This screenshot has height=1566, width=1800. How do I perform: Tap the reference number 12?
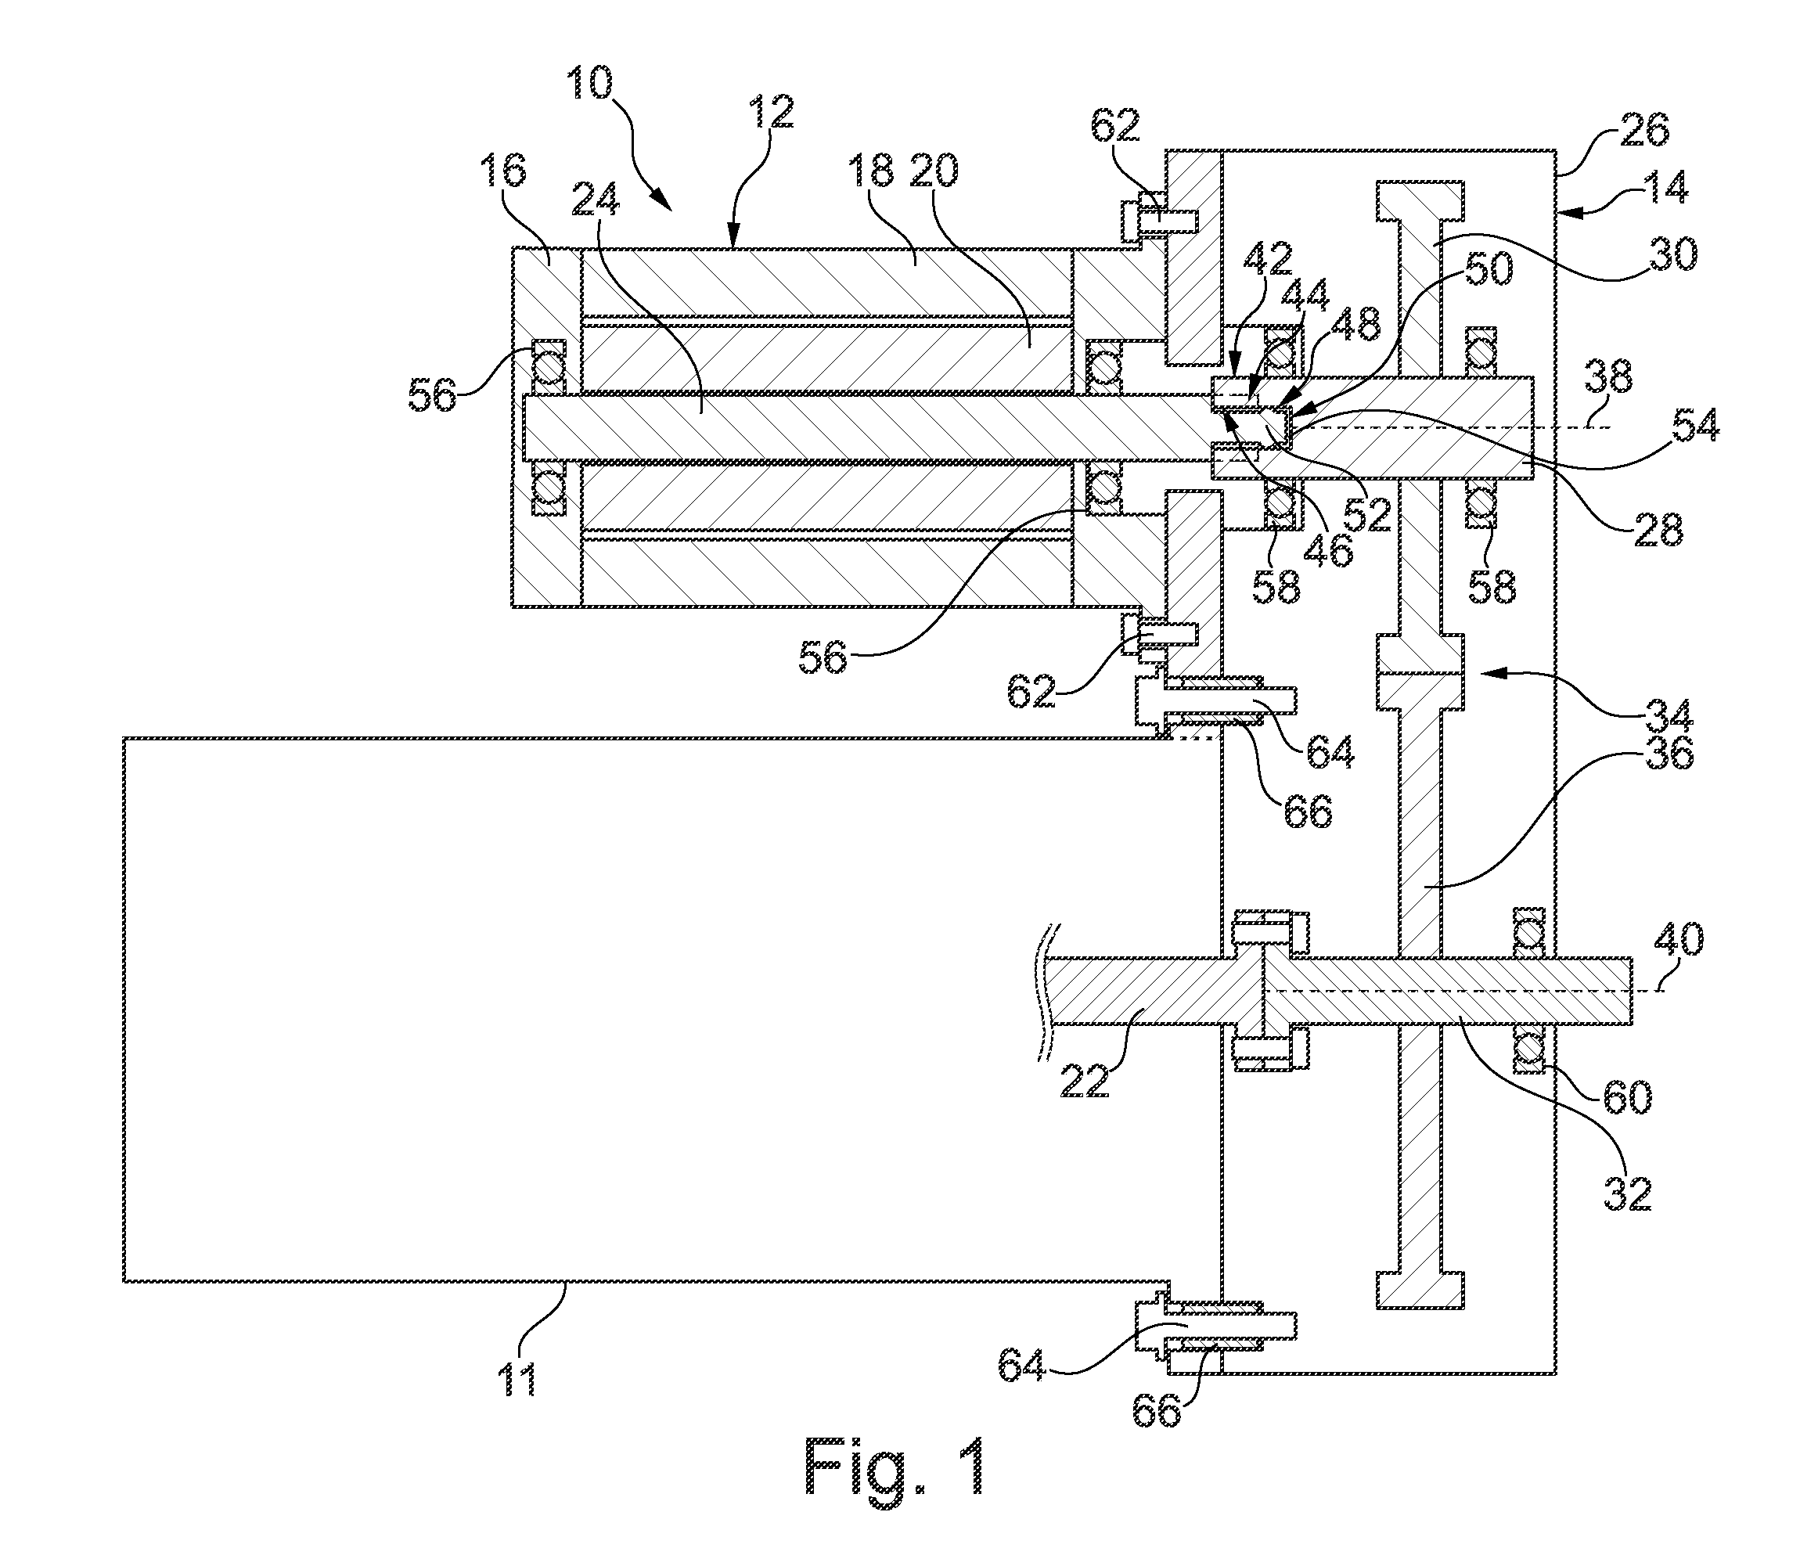(x=769, y=113)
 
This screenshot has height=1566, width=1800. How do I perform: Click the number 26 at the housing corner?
(x=1643, y=130)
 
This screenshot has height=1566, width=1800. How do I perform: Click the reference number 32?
(x=1627, y=1192)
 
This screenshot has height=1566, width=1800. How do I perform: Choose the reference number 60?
(x=1627, y=1096)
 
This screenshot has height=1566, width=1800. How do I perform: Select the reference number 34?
(x=1667, y=714)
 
